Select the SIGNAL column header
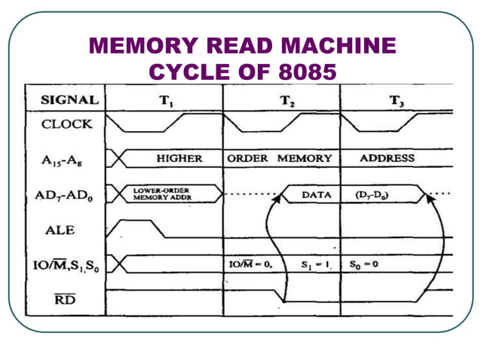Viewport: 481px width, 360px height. [69, 99]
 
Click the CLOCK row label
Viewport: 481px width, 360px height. [67, 124]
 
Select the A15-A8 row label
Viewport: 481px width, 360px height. [67, 160]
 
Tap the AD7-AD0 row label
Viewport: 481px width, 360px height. [67, 195]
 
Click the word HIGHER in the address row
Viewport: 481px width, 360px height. [179, 159]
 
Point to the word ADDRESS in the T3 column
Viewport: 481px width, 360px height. [387, 159]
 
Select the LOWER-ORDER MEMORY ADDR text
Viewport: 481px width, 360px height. [161, 194]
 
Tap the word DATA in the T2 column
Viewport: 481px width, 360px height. [317, 194]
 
